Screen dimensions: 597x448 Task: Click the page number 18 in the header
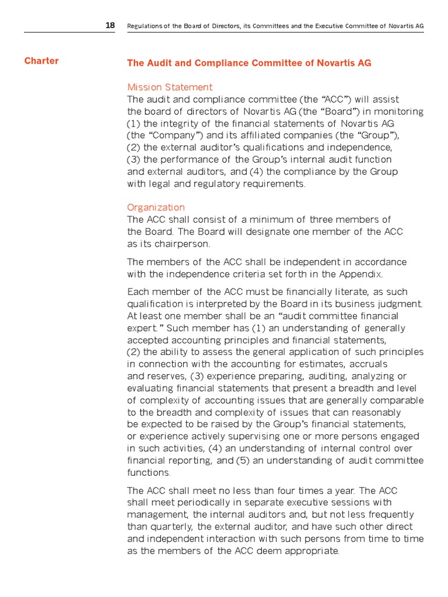coord(110,26)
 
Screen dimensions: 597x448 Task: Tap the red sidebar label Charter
coord(41,61)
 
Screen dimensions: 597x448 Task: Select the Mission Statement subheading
coord(170,87)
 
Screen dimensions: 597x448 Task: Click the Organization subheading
coord(156,208)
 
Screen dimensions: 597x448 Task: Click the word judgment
coord(401,304)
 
